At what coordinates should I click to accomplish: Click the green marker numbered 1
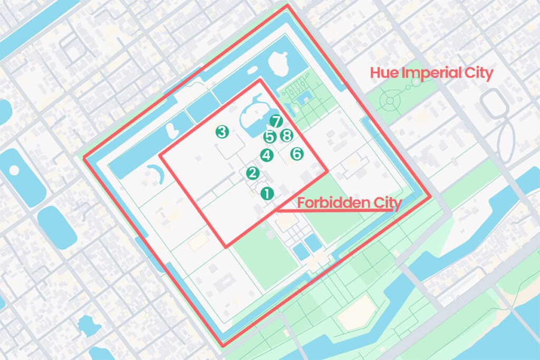click(x=267, y=193)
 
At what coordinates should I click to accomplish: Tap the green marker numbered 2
click(x=253, y=173)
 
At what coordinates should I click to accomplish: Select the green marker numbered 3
click(x=222, y=132)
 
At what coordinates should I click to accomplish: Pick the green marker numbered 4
click(x=267, y=155)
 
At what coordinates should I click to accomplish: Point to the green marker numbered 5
click(x=270, y=137)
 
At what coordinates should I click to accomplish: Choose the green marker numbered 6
click(x=297, y=154)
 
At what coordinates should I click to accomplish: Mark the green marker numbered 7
click(x=275, y=121)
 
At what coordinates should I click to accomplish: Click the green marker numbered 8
click(x=286, y=136)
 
